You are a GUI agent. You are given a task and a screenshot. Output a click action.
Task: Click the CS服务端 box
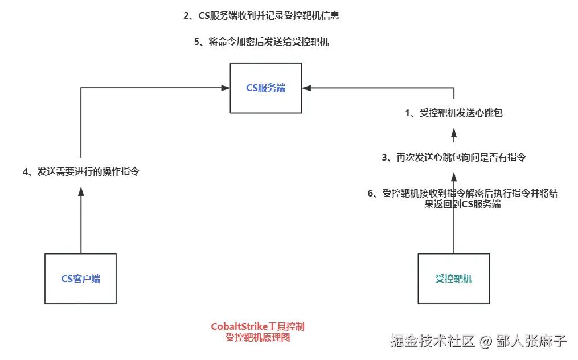(266, 88)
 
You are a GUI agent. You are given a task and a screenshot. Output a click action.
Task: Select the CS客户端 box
(81, 279)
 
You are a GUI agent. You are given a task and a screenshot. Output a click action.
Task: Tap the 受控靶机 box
(454, 279)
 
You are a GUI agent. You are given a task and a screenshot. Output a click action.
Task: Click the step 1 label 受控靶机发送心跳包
(454, 113)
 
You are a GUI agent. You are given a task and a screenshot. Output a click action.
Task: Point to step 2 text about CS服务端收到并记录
(261, 16)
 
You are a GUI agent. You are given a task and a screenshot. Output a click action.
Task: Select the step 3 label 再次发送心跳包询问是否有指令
(453, 157)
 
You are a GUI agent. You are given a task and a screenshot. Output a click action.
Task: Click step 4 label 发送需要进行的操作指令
(81, 171)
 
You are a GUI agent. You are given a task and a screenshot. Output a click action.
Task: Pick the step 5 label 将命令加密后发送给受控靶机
(261, 42)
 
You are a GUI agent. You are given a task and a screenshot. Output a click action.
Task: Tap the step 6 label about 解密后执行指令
(462, 199)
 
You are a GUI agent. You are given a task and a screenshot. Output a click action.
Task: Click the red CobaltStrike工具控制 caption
(258, 327)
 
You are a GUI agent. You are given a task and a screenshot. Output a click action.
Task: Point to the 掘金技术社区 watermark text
(433, 342)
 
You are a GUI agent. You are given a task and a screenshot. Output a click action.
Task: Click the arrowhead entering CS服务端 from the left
(226, 88)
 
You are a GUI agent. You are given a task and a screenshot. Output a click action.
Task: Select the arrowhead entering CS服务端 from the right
(307, 88)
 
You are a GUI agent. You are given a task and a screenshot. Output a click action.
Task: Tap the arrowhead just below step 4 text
(81, 192)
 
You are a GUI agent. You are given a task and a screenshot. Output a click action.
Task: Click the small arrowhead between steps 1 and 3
(454, 137)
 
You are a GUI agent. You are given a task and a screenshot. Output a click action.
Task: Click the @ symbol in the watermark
(485, 342)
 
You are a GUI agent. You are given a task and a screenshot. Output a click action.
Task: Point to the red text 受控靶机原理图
(258, 337)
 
